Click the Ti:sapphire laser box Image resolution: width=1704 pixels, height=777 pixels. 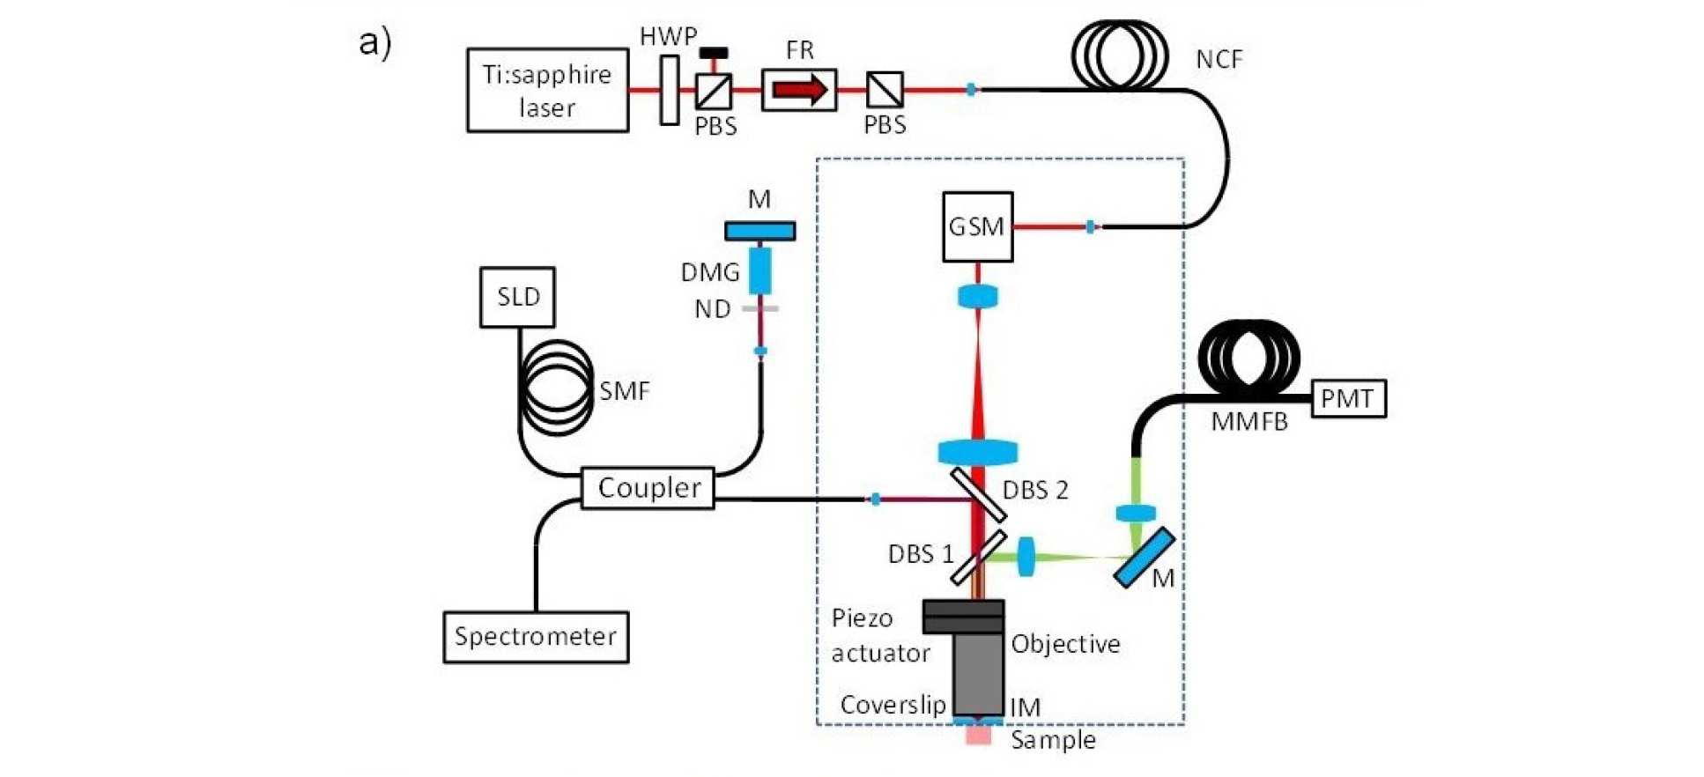point(547,91)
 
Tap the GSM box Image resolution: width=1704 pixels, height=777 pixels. point(977,227)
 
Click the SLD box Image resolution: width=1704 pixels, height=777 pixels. point(517,298)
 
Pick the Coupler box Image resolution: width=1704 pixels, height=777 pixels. point(648,488)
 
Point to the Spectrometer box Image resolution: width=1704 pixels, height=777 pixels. point(536,637)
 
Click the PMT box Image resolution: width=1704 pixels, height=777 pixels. point(1348,399)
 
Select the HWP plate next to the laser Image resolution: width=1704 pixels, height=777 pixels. point(670,90)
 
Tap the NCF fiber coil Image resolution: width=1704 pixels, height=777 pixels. point(1120,55)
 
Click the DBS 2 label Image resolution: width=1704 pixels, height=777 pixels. point(1035,491)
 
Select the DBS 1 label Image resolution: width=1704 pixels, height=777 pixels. point(921,554)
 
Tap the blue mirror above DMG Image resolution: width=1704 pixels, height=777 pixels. point(759,231)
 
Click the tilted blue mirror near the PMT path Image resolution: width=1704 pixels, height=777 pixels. point(1144,558)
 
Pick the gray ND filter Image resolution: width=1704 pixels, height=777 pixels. point(760,308)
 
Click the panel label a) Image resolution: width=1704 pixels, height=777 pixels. point(375,41)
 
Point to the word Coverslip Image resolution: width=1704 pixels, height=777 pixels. point(893,705)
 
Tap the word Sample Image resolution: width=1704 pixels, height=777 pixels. point(1053,740)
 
